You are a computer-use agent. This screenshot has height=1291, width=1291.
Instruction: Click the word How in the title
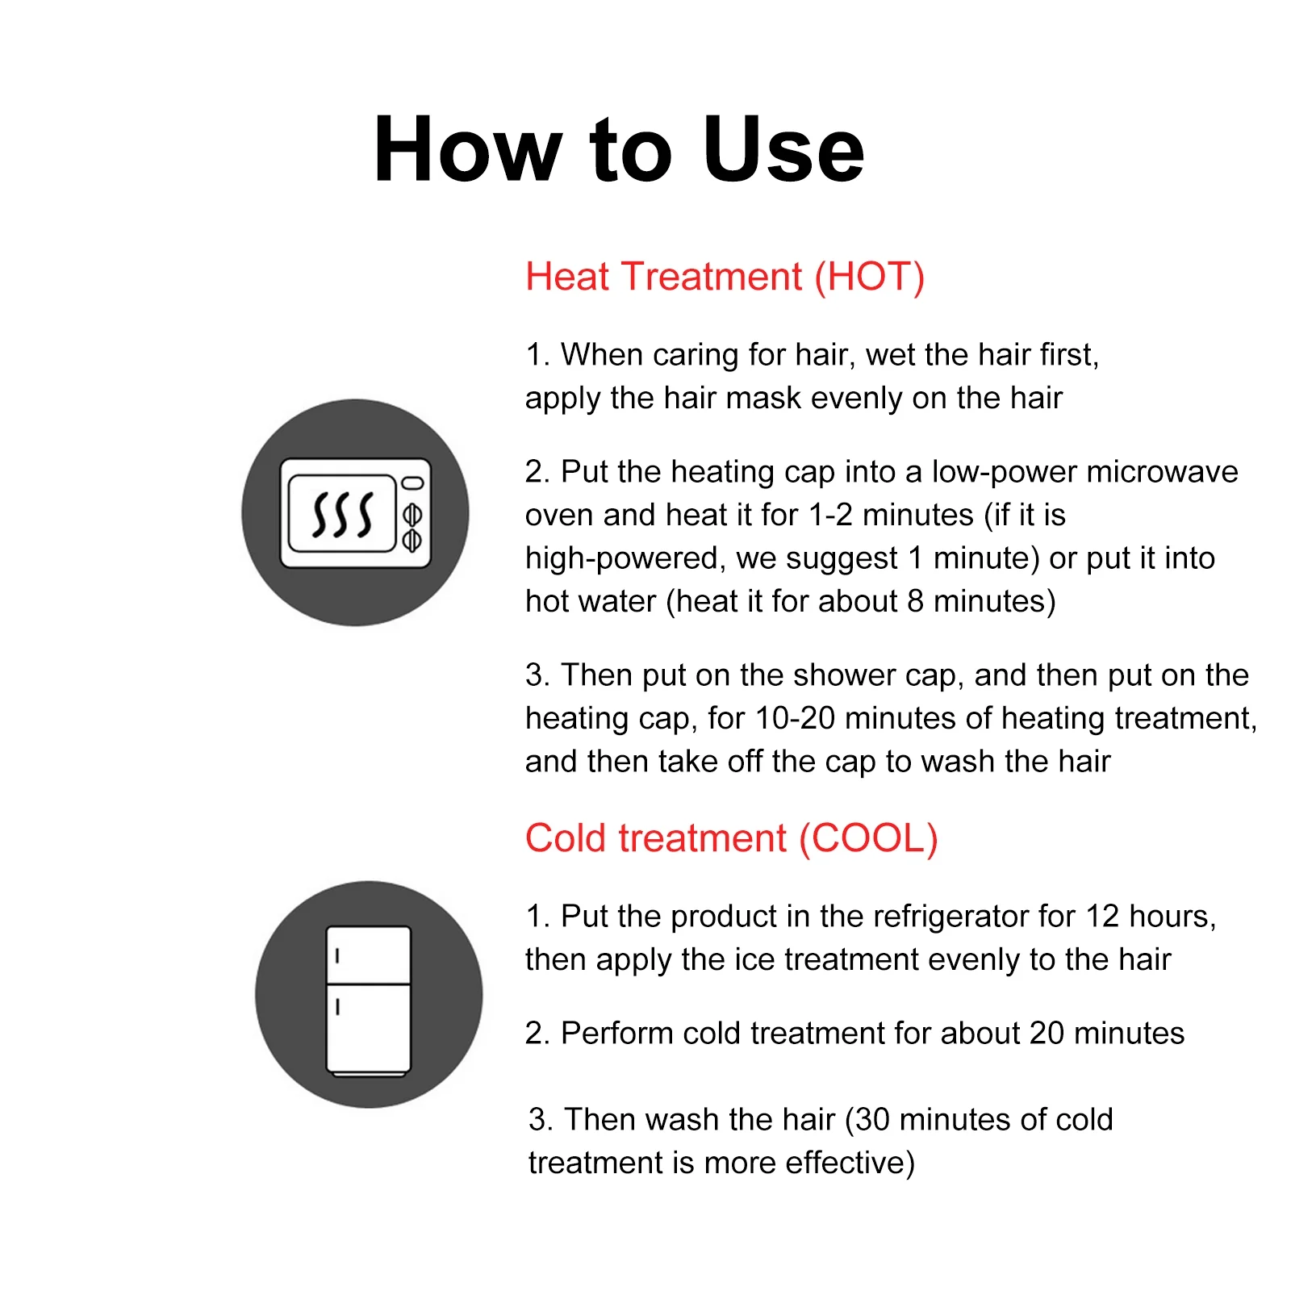pos(468,150)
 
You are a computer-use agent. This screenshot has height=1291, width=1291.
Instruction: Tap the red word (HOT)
pos(869,277)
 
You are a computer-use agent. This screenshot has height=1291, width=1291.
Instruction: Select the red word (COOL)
pos(868,838)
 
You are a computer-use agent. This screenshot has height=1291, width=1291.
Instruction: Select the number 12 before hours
pos(1102,917)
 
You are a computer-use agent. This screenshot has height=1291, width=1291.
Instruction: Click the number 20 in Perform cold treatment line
pos(1047,1034)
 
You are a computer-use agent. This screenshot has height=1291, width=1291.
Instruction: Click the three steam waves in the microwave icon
pos(342,513)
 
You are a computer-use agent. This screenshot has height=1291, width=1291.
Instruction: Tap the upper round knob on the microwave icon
pos(412,514)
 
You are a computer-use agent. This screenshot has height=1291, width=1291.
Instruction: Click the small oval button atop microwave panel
pos(412,483)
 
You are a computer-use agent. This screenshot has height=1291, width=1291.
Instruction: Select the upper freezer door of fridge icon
pos(369,955)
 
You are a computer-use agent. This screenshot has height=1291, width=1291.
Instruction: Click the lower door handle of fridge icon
pos(338,1007)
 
